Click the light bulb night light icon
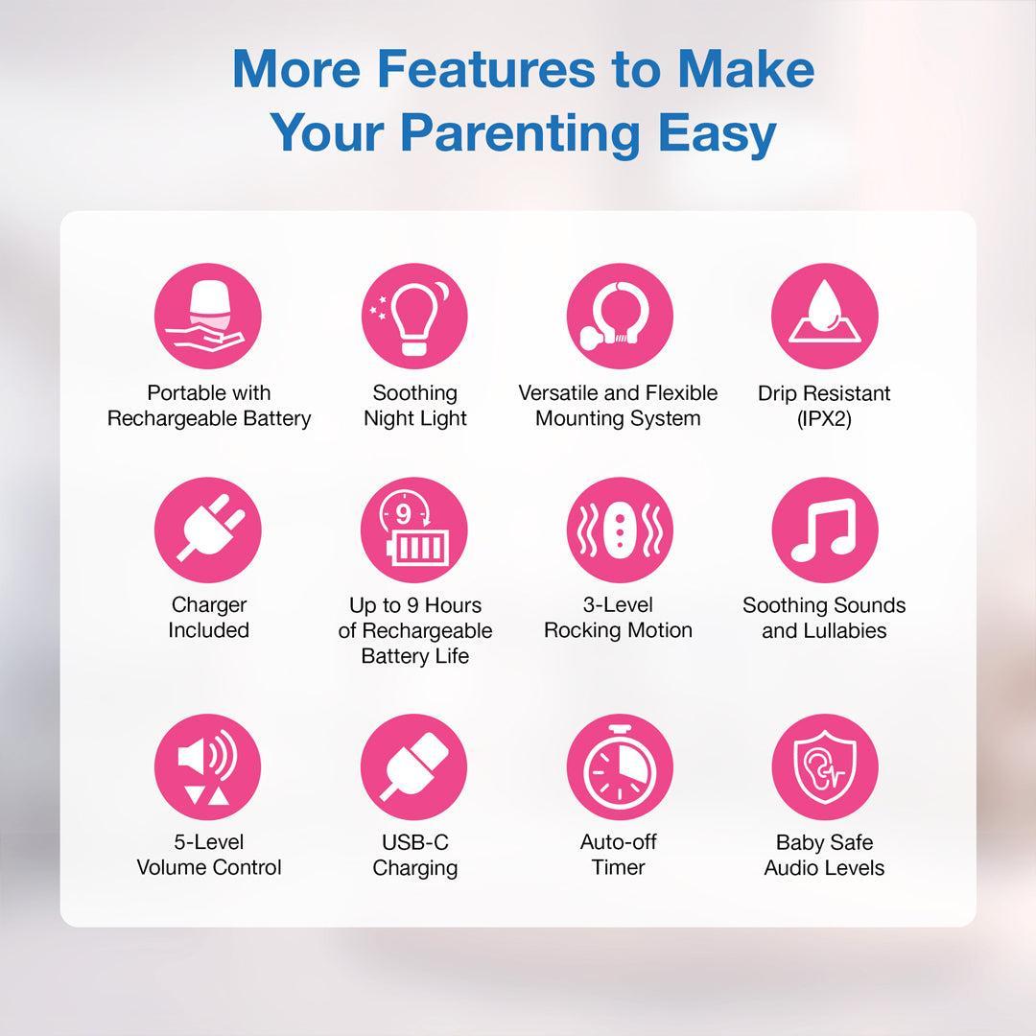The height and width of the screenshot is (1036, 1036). pos(414,316)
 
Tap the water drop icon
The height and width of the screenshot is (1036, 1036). pos(825,316)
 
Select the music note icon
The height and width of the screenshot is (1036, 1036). pos(825,530)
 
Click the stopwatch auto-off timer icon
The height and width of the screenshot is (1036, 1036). pos(620,766)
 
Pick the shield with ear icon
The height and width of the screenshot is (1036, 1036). pos(825,766)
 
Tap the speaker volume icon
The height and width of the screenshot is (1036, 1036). pos(208,766)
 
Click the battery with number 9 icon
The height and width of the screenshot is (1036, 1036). pos(414,530)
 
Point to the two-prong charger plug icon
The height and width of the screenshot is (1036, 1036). pos(208,530)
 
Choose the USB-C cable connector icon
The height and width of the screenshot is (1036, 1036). pos(414,766)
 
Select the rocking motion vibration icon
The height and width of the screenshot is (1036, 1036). pos(620,530)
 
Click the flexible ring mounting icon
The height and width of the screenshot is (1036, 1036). pos(620,316)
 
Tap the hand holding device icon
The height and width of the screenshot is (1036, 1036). pos(208,316)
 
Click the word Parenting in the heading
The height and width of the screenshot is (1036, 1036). pos(521,134)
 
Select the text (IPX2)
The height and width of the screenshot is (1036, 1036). pos(825,419)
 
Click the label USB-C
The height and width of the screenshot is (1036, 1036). pos(415,842)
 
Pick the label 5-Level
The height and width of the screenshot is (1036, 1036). pos(209,842)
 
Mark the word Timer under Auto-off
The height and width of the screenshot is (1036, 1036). pos(619,867)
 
